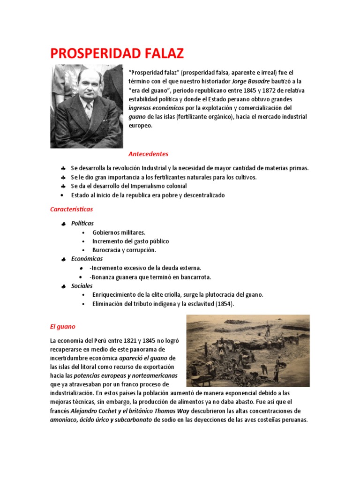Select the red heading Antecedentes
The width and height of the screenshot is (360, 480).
coord(148,154)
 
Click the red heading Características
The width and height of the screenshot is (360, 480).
coord(72,209)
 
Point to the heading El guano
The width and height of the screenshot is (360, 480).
coord(62,326)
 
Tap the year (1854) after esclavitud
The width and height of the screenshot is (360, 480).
coord(224,304)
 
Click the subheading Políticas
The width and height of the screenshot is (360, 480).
coord(82,224)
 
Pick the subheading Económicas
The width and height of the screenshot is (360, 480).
coord(87,259)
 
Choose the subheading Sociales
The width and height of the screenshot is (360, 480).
coord(82,285)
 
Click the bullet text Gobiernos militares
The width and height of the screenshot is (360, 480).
coord(119,232)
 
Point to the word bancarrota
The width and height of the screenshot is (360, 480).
coord(194,277)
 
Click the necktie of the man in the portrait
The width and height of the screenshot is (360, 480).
coord(88,111)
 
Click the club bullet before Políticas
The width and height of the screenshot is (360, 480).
coord(63,224)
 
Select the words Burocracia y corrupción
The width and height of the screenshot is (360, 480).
coord(124,250)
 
